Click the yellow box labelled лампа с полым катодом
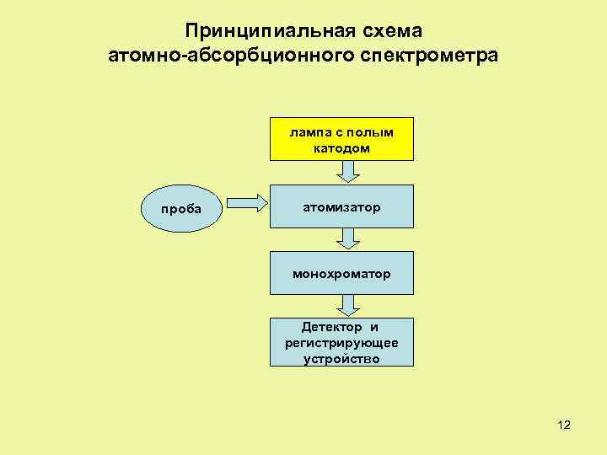341,139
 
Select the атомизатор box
341,206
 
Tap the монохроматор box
341,272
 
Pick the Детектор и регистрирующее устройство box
341,342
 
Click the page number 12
564,425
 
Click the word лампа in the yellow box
309,132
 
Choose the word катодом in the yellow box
341,147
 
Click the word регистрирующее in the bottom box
341,343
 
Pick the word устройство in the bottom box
341,358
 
